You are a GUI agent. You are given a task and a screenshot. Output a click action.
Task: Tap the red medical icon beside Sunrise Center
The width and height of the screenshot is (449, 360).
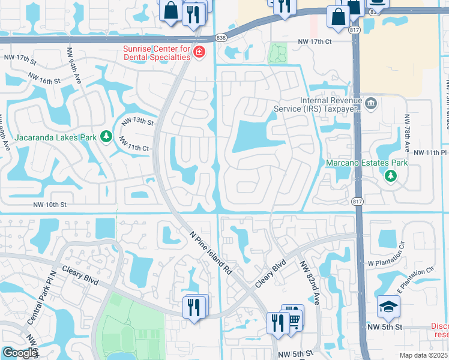pos(199,54)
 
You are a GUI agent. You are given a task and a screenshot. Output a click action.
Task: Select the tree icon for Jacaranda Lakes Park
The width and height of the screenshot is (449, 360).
pos(106,137)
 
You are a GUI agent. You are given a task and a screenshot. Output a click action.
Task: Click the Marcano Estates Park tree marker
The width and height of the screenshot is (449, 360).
pos(391,176)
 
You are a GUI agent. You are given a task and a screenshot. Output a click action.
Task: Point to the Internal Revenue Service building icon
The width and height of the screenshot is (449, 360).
pos(370,104)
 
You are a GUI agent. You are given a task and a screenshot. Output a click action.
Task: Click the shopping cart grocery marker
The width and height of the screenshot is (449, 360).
pos(294,318)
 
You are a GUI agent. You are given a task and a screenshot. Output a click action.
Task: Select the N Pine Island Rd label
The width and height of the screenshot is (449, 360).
pos(211,253)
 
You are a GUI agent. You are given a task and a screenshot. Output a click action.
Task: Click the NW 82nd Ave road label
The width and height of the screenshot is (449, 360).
pos(311,280)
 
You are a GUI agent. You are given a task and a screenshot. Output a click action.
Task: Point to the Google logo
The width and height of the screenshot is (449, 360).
pos(20,353)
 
